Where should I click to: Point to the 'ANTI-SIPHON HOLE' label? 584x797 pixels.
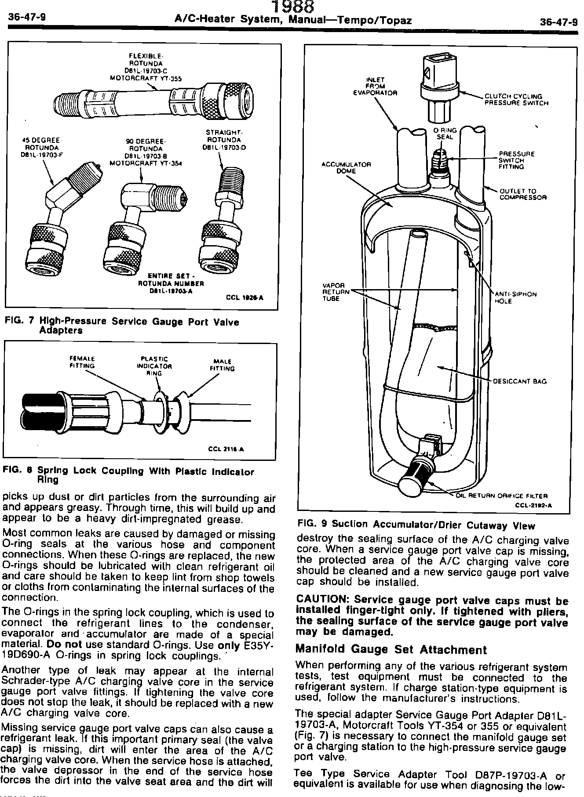515,297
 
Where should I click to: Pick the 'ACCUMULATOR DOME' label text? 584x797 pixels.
346,167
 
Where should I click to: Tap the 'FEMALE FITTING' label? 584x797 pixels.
82,362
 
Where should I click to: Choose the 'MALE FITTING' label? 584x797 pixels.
222,365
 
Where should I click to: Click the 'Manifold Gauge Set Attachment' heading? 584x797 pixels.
391,649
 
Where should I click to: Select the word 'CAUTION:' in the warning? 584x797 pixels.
323,600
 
